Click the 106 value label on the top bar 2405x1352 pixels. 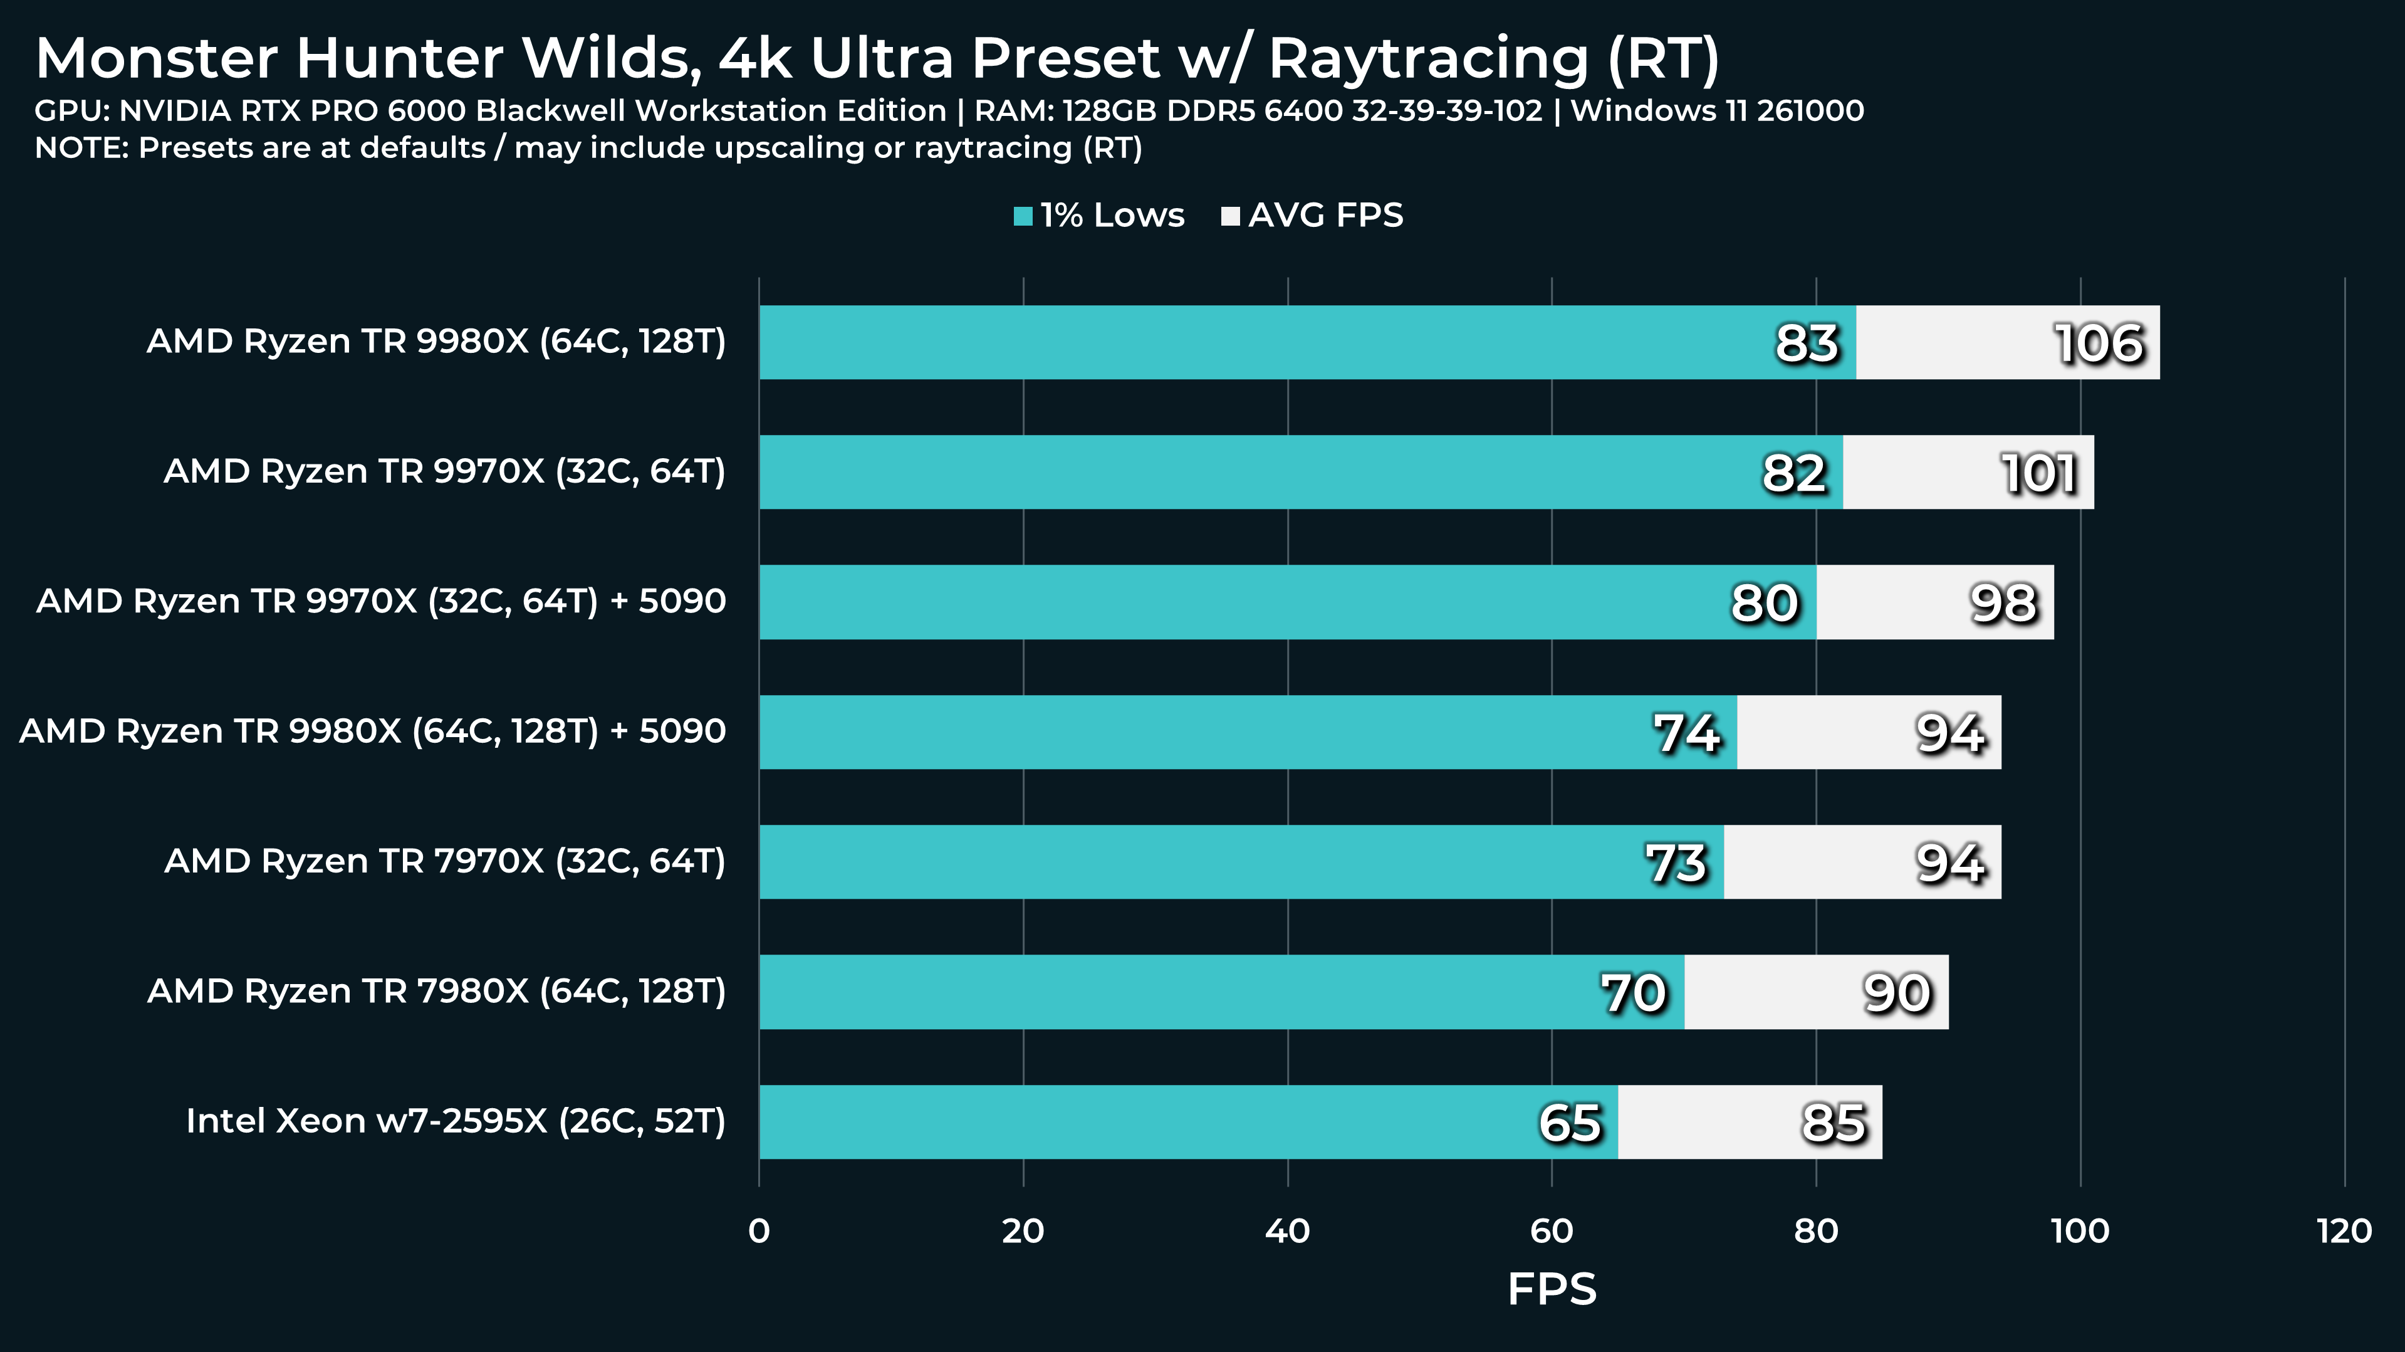[x=2099, y=343]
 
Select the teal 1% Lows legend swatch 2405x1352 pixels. [x=1023, y=217]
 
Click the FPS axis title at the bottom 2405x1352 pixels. [x=1552, y=1289]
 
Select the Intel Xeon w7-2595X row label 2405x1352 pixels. [x=456, y=1121]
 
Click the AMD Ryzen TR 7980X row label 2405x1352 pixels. [x=436, y=991]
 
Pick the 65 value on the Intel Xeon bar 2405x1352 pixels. [x=1570, y=1123]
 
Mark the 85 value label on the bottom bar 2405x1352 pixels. [x=1834, y=1123]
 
